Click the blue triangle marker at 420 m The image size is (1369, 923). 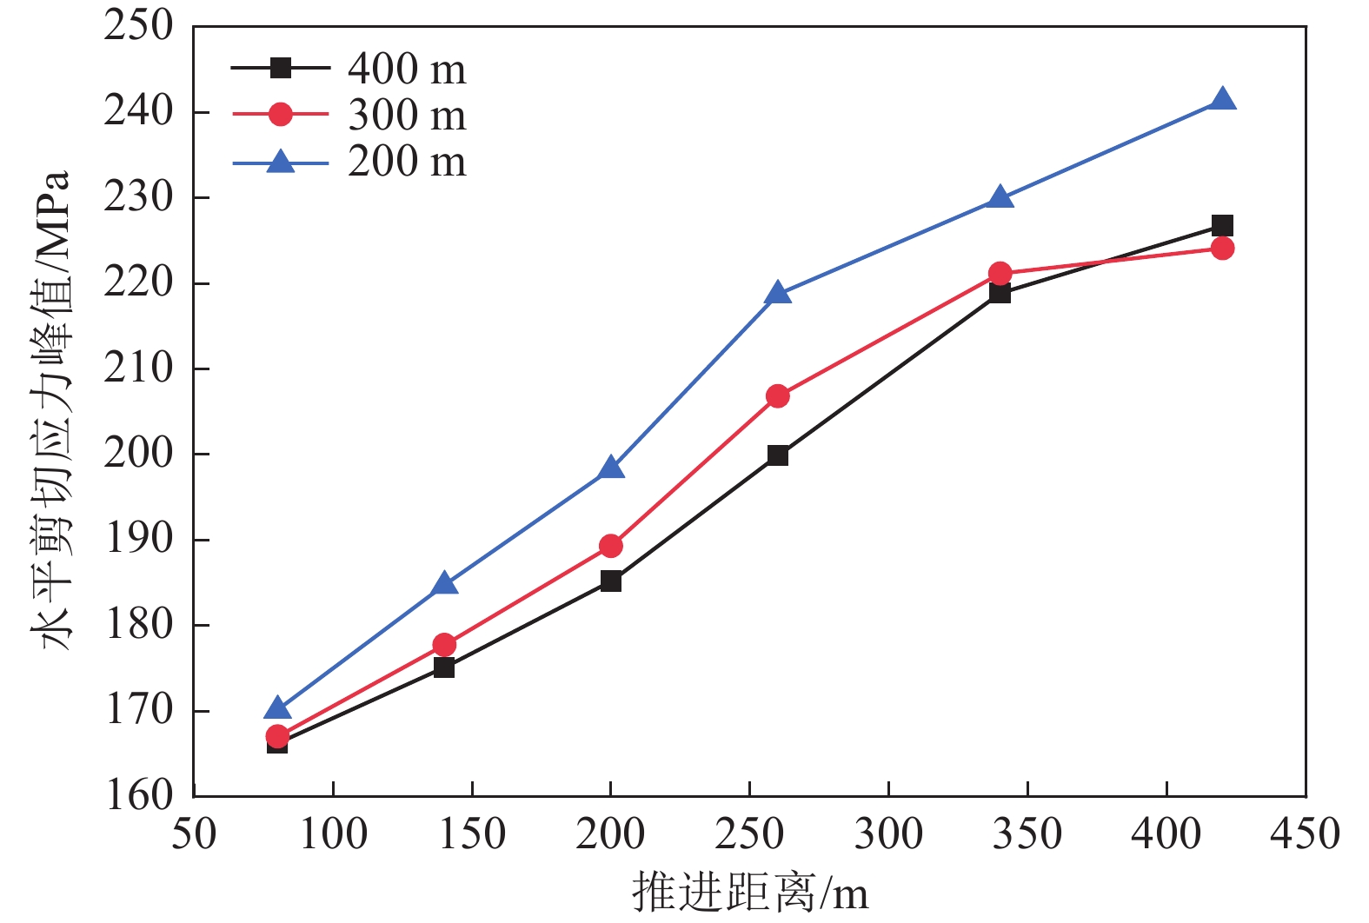coord(1222,100)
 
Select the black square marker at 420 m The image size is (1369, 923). coord(1222,226)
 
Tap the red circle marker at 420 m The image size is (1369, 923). coord(1222,249)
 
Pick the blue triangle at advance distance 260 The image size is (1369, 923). coord(778,294)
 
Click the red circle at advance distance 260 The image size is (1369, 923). coord(778,396)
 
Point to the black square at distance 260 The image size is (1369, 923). coord(778,455)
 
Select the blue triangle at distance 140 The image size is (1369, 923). coord(444,583)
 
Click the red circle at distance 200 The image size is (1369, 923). coord(611,546)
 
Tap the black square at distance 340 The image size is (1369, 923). coord(1000,293)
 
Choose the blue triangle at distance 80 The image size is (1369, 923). coord(277,708)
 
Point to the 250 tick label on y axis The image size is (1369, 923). coord(139,26)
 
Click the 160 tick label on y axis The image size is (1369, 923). coord(139,795)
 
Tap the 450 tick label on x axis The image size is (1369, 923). coord(1305,833)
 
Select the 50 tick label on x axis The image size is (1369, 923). coord(194,833)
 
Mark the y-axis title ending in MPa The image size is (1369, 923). coord(51,408)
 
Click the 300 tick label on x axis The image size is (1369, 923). coord(888,833)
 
